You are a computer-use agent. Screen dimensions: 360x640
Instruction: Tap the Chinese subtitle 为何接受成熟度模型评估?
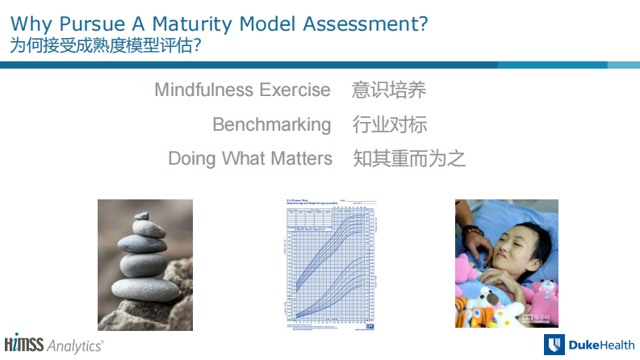point(106,46)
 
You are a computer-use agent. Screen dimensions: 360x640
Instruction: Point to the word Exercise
point(299,90)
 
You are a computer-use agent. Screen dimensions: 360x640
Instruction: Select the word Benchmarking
point(272,124)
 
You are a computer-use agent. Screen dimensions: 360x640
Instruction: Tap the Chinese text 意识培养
point(388,90)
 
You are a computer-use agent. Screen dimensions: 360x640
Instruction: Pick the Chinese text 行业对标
point(389,124)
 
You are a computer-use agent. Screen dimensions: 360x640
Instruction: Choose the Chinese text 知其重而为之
point(409,158)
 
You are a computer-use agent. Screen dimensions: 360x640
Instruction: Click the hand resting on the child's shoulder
point(478,239)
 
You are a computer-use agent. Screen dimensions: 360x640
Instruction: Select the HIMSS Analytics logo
point(53,343)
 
